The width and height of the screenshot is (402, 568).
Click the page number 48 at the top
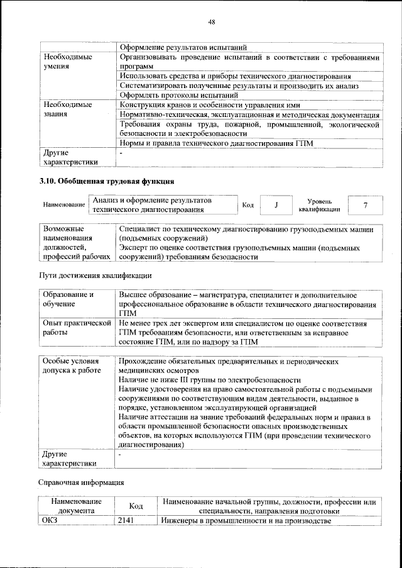click(212, 22)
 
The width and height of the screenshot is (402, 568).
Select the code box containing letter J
click(276, 205)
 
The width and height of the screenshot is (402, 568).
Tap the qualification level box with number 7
click(365, 205)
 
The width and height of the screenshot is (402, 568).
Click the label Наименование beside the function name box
click(64, 206)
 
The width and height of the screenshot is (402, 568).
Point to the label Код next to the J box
click(248, 205)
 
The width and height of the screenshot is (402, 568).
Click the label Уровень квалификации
click(320, 205)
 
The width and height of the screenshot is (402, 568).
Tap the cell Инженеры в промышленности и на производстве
click(244, 521)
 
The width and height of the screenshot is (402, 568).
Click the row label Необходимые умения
click(67, 62)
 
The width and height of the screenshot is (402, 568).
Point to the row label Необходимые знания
click(67, 109)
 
